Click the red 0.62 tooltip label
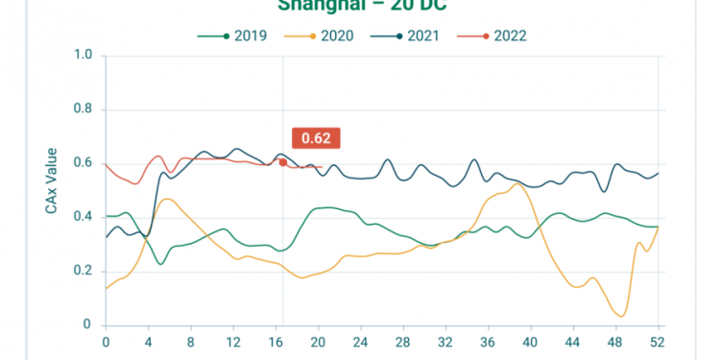point(316,138)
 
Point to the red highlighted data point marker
point(282,162)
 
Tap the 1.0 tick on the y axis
point(83,56)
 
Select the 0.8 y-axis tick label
point(83,109)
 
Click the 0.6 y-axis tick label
point(83,163)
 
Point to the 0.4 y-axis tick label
point(83,217)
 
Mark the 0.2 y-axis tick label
point(83,271)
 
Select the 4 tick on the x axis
point(148,341)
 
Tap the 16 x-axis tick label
point(276,341)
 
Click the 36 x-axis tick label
point(487,341)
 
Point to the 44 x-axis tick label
point(572,341)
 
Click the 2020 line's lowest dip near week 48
point(622,316)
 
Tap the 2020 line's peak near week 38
point(517,184)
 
